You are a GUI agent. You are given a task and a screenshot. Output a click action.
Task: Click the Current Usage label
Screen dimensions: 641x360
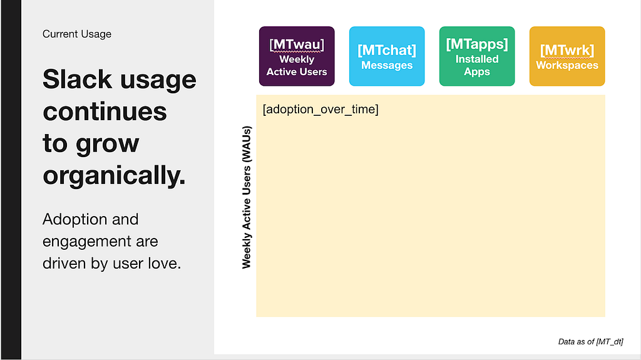click(77, 34)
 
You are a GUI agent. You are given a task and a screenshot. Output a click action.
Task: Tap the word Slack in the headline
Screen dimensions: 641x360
click(77, 80)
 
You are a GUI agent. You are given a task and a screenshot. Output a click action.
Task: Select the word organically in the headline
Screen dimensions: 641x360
click(114, 176)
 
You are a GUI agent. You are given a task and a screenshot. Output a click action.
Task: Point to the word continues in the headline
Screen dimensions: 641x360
click(105, 111)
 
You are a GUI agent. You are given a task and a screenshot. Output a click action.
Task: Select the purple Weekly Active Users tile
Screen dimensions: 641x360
click(297, 56)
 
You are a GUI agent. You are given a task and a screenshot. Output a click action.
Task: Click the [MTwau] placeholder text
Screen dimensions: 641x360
click(297, 44)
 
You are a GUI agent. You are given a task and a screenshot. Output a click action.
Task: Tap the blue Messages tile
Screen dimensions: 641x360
click(387, 56)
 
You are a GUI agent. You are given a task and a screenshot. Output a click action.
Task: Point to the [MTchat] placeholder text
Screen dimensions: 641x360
click(387, 50)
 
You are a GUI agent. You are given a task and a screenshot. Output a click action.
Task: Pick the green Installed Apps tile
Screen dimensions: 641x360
click(477, 56)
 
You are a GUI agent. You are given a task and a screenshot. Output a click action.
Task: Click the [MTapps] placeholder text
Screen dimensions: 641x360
click(477, 44)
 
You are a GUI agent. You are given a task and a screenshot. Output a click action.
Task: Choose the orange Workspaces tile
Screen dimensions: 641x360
click(567, 56)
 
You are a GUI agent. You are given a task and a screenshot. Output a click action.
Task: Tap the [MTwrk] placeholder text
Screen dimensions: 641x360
click(567, 50)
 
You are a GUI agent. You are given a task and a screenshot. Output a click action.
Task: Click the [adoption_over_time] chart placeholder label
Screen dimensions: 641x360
click(320, 110)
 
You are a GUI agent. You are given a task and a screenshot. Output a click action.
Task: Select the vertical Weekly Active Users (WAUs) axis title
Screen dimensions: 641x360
click(247, 197)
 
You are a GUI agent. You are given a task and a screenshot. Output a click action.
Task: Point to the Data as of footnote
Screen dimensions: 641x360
click(591, 342)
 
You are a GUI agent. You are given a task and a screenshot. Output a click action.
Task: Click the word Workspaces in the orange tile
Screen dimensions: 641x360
click(567, 66)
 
